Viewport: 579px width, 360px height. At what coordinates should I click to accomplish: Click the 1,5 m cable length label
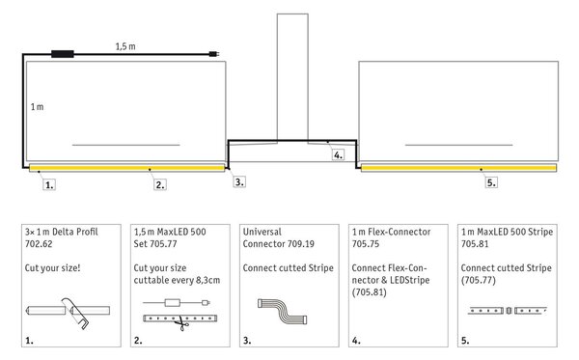point(125,46)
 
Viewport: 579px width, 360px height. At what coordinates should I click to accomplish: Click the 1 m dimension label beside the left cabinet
point(37,107)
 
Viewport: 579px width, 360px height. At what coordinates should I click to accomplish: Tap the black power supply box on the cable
point(63,54)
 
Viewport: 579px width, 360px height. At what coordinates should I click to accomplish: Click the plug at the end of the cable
point(214,54)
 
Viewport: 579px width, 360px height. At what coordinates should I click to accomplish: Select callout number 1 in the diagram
point(49,184)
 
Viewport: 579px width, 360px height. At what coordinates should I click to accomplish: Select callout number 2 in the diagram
point(160,184)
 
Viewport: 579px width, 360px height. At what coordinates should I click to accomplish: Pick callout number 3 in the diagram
point(239,181)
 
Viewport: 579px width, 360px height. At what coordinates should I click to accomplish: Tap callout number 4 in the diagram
point(338,154)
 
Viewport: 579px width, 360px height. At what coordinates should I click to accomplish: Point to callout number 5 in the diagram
point(491,182)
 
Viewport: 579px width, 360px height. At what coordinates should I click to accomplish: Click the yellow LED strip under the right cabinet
point(458,168)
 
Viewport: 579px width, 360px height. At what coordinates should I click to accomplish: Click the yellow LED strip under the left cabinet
point(126,168)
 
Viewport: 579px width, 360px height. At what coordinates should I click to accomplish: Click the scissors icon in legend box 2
point(181,323)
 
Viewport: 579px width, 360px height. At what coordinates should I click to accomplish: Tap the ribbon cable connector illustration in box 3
point(283,312)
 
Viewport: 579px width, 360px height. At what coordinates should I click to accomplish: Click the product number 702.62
point(39,244)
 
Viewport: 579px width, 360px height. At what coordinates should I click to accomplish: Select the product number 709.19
point(299,244)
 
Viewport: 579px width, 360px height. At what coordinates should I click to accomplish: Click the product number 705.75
point(366,244)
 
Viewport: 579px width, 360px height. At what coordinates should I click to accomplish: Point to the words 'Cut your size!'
point(52,268)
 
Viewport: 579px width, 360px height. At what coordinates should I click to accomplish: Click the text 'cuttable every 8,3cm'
point(177,280)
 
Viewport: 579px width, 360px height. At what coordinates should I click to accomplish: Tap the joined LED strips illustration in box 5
point(508,311)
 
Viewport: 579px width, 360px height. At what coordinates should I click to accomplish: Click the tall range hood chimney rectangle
point(292,77)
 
